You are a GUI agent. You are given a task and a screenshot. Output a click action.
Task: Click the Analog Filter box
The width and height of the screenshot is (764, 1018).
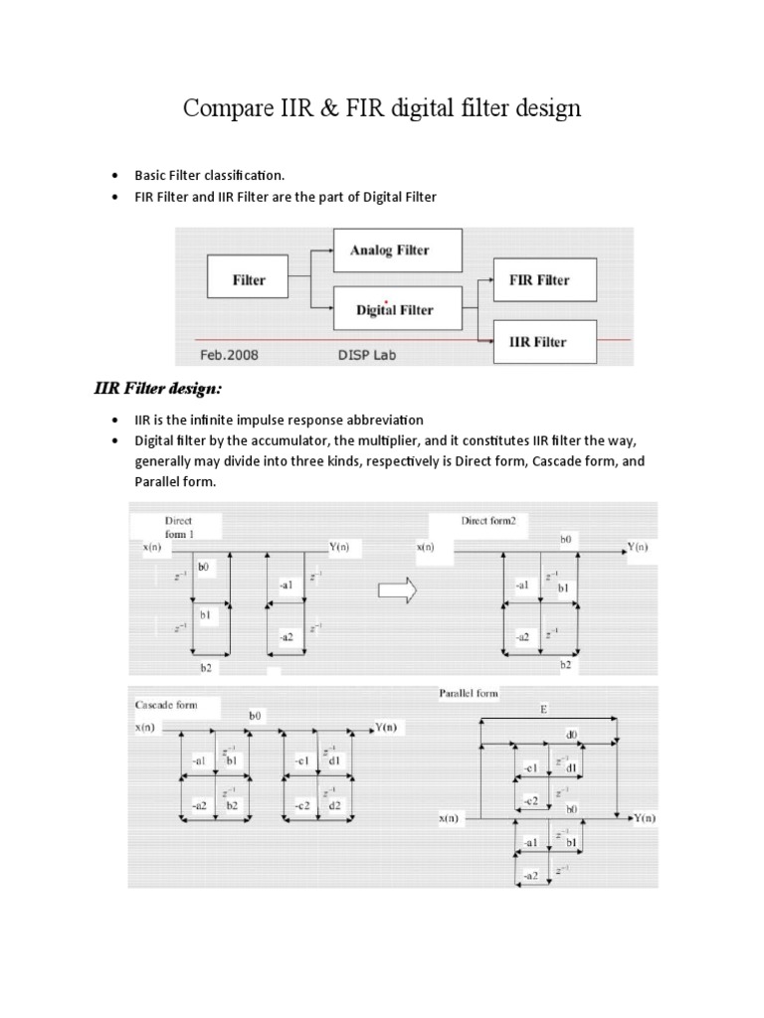397,251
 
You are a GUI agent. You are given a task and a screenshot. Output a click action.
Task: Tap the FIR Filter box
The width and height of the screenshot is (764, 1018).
538,280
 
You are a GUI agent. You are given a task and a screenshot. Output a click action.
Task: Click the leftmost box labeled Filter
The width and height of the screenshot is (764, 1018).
249,280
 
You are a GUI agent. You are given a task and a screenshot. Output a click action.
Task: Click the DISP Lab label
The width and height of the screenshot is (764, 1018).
367,355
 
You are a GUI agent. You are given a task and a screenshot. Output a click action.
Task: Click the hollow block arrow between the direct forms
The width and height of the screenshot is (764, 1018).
398,590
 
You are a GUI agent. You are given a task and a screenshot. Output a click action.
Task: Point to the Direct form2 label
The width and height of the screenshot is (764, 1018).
489,520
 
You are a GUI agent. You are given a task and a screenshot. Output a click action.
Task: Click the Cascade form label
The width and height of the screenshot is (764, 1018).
166,705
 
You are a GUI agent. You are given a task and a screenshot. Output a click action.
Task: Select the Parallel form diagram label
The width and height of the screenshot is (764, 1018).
469,693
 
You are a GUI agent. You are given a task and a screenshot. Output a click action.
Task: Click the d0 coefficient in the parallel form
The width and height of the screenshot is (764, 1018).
571,735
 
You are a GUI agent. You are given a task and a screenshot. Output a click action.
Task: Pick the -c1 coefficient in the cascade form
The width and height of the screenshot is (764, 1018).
303,763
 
